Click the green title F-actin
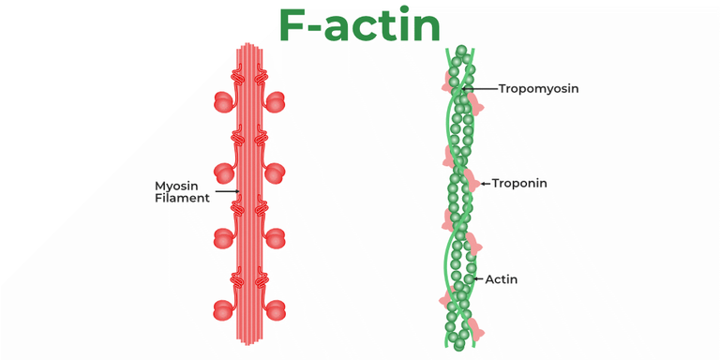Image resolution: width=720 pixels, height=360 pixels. tap(359, 25)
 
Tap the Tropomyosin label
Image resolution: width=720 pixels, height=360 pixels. tap(538, 89)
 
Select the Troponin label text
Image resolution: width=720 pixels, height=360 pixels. tap(518, 184)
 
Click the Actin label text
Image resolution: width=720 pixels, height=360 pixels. tap(501, 279)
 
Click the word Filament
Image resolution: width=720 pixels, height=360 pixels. tap(182, 199)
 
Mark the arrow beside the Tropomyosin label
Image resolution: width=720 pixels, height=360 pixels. tap(479, 89)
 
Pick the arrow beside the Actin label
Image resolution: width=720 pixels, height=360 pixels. tap(478, 279)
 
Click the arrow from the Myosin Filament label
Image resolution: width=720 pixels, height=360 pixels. tap(227, 192)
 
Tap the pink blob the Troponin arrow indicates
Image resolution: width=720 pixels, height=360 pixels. tap(471, 183)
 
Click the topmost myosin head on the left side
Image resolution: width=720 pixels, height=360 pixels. tap(224, 101)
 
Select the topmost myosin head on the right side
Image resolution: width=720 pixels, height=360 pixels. tap(276, 101)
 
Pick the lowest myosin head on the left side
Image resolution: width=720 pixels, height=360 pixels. tap(224, 309)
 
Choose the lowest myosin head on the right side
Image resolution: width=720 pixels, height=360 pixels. tap(276, 309)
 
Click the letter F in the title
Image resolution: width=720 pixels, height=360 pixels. tap(297, 25)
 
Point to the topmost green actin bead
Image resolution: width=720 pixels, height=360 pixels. tap(460, 50)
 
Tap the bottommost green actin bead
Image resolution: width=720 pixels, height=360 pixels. tap(458, 345)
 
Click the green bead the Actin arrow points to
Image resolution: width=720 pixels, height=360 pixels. tap(469, 279)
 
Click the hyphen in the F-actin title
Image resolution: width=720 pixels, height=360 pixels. tap(328, 28)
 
